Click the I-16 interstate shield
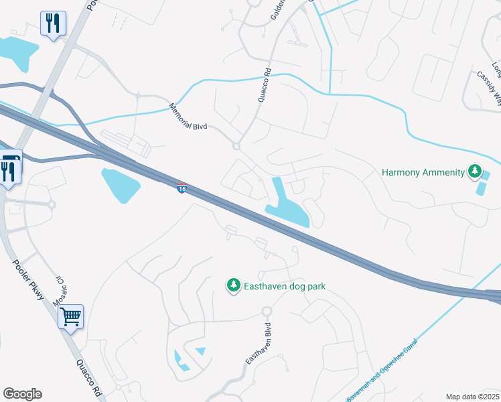pos(182,188)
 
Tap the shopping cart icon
pos(70,316)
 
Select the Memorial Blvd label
pos(189,117)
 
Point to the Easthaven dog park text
pos(284,286)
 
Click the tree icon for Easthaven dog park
pos(233,286)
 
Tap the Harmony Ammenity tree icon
pos(474,172)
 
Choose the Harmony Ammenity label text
pos(423,172)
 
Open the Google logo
pos(22,394)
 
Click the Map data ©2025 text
pos(472,397)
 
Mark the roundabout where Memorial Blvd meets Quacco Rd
pos(236,146)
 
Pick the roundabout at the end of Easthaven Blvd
pos(267,312)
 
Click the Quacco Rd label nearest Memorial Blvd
pos(263,84)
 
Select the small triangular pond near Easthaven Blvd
pos(200,351)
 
